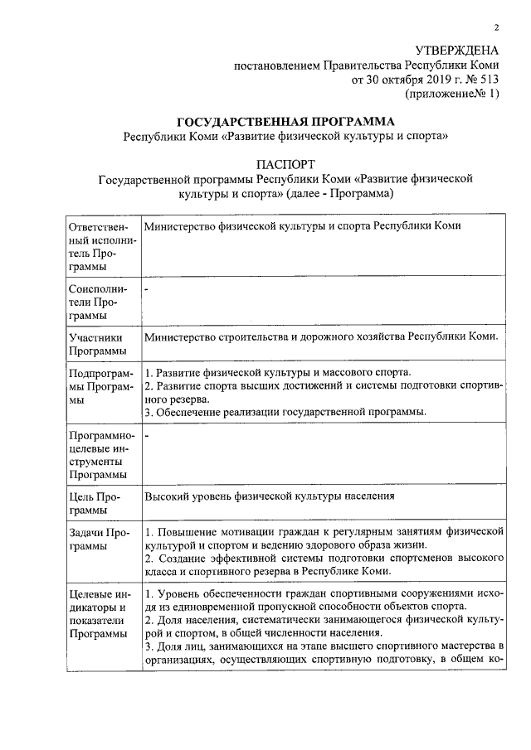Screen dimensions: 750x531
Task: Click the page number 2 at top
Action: tap(496, 27)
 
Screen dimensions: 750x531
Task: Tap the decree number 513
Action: tap(488, 80)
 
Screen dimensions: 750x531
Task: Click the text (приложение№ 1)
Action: tap(452, 95)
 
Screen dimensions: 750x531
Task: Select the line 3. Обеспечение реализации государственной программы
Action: tap(285, 412)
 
